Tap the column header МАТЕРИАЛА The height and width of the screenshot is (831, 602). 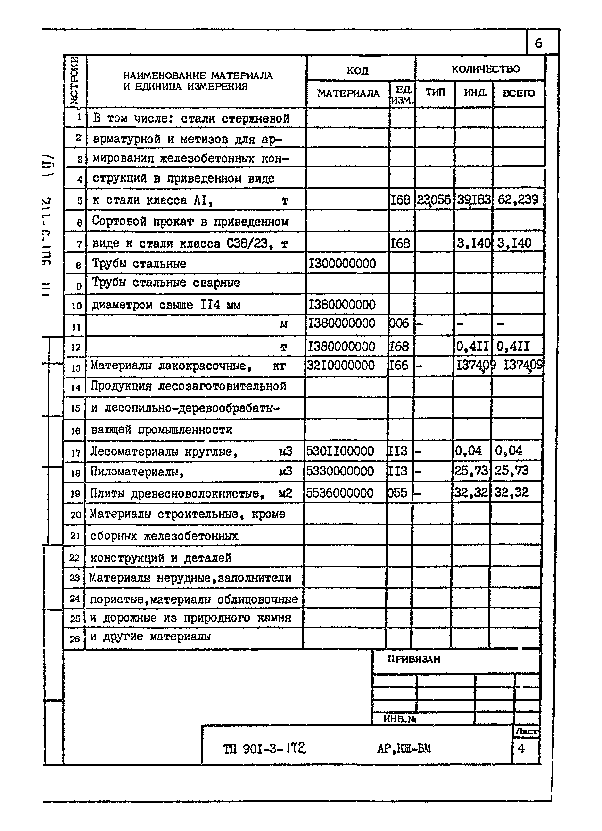point(348,93)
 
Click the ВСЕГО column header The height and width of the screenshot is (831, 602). point(519,93)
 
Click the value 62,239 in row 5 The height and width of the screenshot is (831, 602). point(518,200)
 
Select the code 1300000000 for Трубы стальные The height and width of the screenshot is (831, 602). point(342,263)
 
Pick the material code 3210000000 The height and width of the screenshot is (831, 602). point(341,365)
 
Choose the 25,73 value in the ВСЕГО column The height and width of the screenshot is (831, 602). point(511,470)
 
